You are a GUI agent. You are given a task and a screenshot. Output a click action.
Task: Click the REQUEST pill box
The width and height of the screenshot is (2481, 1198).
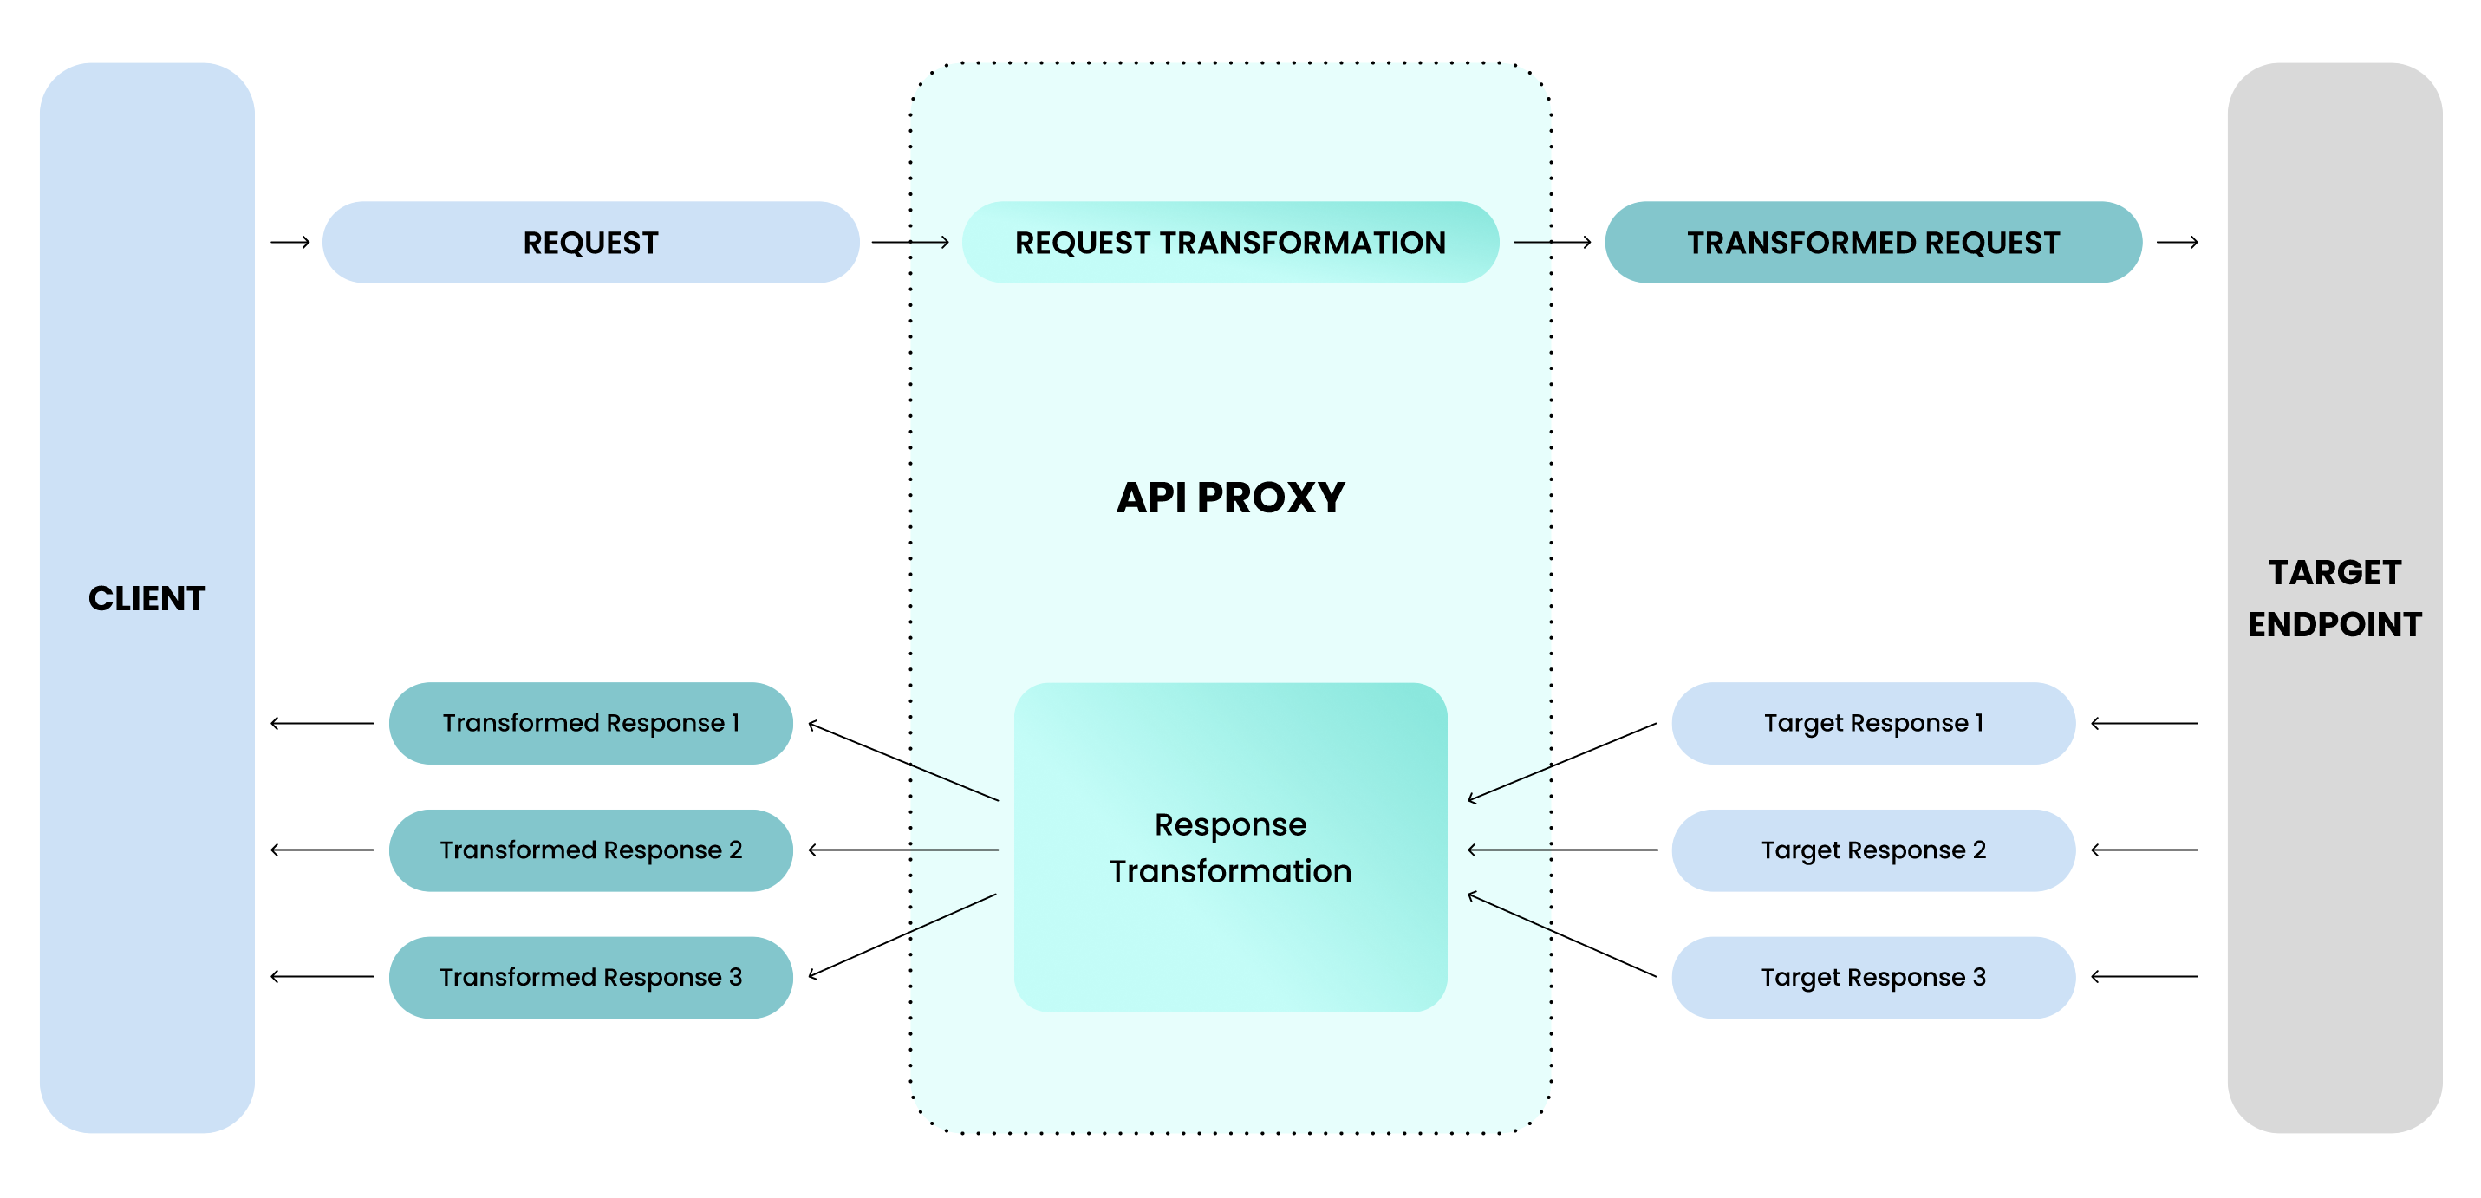click(x=590, y=242)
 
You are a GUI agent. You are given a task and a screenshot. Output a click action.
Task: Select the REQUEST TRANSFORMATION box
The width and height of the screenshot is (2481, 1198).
click(x=1230, y=242)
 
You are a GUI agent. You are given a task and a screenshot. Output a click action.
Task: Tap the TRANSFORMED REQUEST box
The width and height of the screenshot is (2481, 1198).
click(x=1872, y=242)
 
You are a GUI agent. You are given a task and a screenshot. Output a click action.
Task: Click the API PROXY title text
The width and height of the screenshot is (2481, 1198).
click(x=1230, y=497)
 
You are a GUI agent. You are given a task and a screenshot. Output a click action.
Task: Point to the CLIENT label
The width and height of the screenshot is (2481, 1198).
click(x=147, y=598)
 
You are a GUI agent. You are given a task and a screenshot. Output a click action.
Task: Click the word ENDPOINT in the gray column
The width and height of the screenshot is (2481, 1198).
click(x=2334, y=624)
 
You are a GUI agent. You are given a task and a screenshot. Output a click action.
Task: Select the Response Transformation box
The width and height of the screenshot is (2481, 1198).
click(x=1230, y=848)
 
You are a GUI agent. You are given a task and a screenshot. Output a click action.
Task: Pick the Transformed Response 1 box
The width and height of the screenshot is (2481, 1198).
click(x=590, y=722)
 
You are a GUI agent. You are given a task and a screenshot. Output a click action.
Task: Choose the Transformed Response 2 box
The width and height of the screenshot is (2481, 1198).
click(x=590, y=850)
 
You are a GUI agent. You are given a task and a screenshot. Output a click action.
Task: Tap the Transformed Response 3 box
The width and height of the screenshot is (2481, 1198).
click(x=590, y=976)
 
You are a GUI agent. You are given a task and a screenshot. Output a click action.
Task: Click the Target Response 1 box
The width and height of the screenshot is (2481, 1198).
click(x=1872, y=722)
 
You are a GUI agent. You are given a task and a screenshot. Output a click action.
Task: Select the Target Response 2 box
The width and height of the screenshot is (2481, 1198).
click(x=1872, y=850)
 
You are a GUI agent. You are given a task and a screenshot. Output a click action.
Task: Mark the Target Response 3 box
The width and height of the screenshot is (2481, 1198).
click(x=1872, y=976)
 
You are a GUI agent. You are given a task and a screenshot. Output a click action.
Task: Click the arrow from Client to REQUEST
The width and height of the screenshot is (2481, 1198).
click(x=290, y=242)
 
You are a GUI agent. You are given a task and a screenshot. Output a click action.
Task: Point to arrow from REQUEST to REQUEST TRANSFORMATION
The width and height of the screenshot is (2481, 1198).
click(x=910, y=242)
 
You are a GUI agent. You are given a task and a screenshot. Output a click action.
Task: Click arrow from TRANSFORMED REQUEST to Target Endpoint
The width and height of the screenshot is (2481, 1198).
click(x=2177, y=242)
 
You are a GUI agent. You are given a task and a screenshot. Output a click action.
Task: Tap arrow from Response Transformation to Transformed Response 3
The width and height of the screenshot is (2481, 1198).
click(x=902, y=936)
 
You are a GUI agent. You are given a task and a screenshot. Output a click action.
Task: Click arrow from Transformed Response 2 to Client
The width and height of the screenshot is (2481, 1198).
click(x=322, y=850)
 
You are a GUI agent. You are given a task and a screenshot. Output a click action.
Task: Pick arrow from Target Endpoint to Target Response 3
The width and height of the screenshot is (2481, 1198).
click(x=2144, y=976)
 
